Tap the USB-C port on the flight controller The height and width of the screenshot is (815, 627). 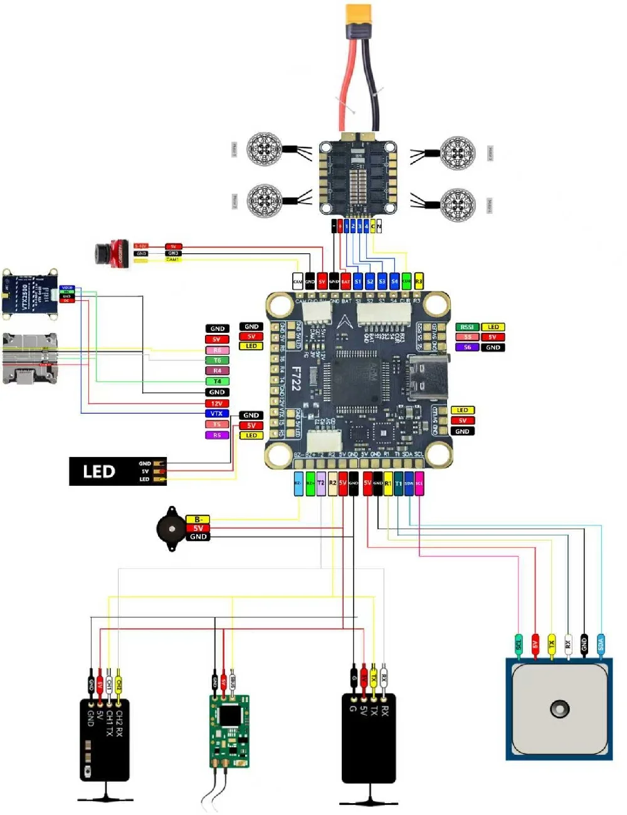click(428, 377)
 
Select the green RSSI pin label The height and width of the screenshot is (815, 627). click(467, 327)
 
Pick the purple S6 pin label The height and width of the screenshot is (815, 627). click(467, 347)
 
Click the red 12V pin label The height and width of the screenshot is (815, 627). click(217, 403)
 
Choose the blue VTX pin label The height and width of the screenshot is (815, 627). click(217, 413)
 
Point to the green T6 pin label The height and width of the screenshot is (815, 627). click(217, 360)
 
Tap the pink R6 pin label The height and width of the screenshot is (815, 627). click(217, 350)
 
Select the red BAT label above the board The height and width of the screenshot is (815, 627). click(345, 281)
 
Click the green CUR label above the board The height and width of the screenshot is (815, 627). click(406, 281)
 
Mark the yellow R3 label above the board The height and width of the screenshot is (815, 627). click(419, 281)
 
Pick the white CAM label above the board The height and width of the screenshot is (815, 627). click(298, 281)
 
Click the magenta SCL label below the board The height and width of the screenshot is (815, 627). click(419, 483)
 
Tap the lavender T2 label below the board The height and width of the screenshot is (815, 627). click(321, 483)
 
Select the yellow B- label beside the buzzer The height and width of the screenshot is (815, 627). click(198, 519)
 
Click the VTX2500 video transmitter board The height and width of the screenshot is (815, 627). click(31, 293)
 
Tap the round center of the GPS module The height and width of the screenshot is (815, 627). click(559, 709)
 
